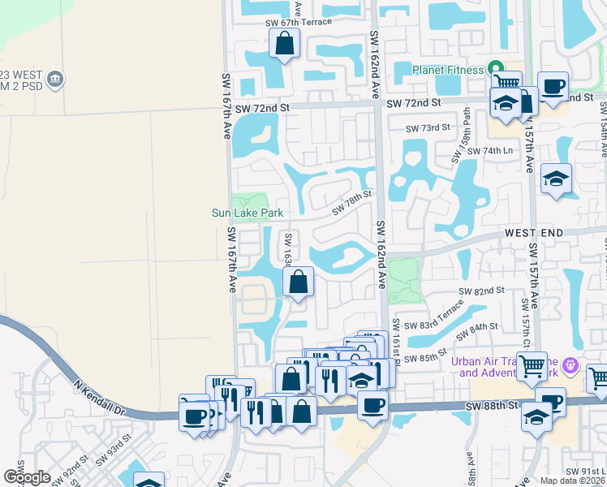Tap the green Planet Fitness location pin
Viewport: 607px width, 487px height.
coord(493,69)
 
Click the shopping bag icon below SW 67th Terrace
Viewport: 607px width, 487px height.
coord(285,44)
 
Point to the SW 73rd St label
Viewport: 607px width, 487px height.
coord(428,128)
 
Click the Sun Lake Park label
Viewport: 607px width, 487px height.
coord(248,213)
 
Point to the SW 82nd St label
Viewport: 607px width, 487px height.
coord(481,290)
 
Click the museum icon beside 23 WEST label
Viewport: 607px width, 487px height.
coord(56,79)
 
